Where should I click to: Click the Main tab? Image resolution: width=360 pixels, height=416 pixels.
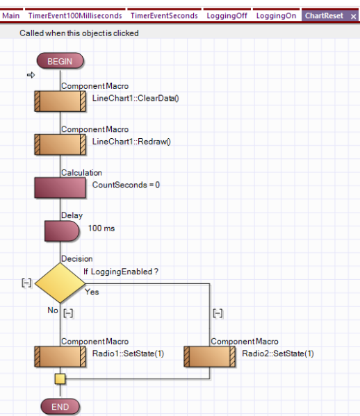pyautogui.click(x=11, y=16)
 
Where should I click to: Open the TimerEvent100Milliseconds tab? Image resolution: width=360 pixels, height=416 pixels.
pyautogui.click(x=75, y=16)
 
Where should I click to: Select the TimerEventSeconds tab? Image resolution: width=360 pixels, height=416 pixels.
pyautogui.click(x=164, y=16)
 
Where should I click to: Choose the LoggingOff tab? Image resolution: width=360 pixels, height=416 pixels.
pyautogui.click(x=227, y=16)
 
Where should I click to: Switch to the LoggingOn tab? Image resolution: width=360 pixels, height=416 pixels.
pyautogui.click(x=276, y=16)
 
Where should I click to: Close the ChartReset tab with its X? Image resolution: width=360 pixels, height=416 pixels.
pyautogui.click(x=353, y=17)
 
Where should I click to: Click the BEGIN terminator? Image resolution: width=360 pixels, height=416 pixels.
pyautogui.click(x=60, y=60)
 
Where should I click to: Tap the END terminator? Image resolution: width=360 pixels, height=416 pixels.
pyautogui.click(x=60, y=406)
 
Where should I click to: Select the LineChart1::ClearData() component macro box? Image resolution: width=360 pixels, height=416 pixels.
pyautogui.click(x=60, y=101)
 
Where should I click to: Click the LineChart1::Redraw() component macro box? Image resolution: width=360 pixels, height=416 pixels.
pyautogui.click(x=60, y=144)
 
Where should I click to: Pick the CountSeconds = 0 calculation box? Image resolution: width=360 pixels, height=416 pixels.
pyautogui.click(x=60, y=188)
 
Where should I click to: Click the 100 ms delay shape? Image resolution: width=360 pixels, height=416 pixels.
pyautogui.click(x=62, y=231)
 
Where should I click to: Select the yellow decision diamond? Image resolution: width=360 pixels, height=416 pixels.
pyautogui.click(x=60, y=283)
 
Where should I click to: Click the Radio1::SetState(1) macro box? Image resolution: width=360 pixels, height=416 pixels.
pyautogui.click(x=60, y=356)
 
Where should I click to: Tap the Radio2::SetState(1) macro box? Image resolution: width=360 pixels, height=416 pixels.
pyautogui.click(x=209, y=356)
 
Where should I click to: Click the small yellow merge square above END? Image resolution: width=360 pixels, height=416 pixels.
pyautogui.click(x=60, y=379)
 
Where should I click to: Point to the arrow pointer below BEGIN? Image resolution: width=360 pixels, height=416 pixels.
pyautogui.click(x=31, y=75)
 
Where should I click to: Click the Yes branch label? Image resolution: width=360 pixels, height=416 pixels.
pyautogui.click(x=92, y=292)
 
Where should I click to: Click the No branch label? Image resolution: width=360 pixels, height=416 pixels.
pyautogui.click(x=53, y=310)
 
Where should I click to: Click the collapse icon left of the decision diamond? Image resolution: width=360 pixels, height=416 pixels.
pyautogui.click(x=26, y=283)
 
